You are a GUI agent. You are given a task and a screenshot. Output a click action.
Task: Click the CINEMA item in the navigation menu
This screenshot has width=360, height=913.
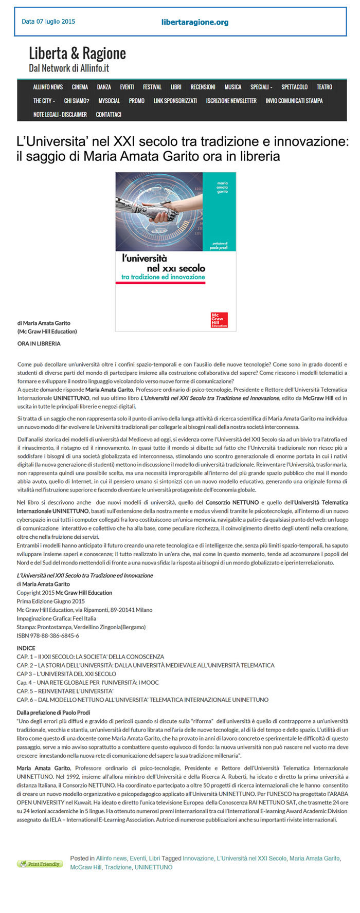click(80, 87)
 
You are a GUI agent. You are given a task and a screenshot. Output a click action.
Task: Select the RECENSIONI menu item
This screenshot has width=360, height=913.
click(203, 87)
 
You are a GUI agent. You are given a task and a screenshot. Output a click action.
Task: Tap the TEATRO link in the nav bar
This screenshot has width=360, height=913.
click(324, 87)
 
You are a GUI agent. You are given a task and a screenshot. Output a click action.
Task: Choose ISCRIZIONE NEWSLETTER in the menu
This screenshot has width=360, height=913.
click(231, 101)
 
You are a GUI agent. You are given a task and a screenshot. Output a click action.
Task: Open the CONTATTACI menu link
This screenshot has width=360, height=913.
click(109, 115)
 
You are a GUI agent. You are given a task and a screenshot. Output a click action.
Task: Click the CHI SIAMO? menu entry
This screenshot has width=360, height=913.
click(77, 101)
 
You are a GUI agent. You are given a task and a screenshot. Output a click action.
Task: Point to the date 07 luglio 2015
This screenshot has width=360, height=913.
click(48, 22)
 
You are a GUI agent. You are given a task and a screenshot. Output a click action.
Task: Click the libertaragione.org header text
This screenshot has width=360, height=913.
click(194, 22)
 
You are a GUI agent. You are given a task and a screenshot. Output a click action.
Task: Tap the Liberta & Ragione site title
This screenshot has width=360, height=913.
click(77, 53)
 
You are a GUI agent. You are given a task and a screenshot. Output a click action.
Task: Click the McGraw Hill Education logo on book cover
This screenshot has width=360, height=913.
click(219, 320)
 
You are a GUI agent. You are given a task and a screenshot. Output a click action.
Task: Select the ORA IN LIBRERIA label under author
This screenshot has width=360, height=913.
click(39, 343)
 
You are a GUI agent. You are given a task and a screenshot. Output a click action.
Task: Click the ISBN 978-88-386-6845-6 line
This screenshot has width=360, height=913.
click(48, 635)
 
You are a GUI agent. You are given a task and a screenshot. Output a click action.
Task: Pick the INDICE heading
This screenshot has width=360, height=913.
click(26, 648)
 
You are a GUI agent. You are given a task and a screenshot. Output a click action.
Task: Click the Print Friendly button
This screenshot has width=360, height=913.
click(40, 864)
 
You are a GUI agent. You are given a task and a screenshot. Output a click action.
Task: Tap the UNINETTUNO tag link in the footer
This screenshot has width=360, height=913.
click(153, 867)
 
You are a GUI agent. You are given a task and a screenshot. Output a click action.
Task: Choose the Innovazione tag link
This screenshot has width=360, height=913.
click(198, 859)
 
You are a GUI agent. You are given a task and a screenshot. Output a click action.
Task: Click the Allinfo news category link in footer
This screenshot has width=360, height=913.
click(111, 859)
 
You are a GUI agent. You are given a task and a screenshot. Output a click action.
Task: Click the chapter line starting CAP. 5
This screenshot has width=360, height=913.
click(65, 691)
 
